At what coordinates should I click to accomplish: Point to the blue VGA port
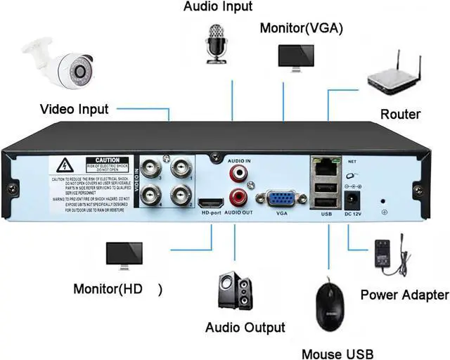[282, 200]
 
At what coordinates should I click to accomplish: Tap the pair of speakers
[235, 291]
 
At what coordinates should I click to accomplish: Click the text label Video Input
[74, 109]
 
